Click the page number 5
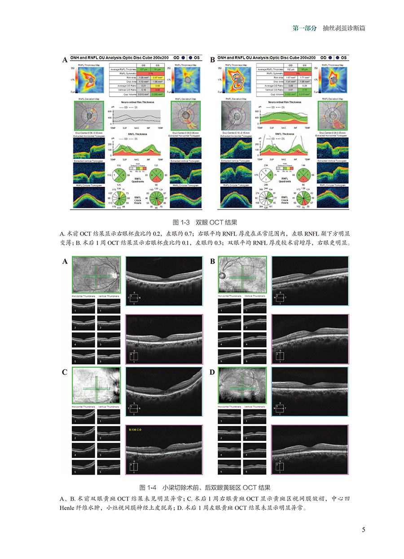tap(363, 529)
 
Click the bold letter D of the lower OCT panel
tap(212, 373)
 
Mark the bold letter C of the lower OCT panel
tap(65, 373)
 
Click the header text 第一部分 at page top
tap(304, 28)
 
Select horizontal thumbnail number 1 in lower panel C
tap(83, 416)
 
